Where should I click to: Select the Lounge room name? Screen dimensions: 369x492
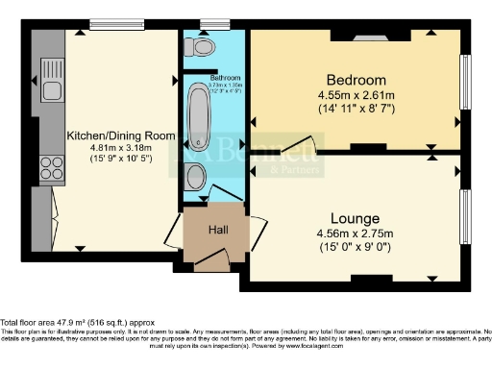[355, 218]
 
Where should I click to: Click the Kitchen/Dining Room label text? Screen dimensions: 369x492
[120, 135]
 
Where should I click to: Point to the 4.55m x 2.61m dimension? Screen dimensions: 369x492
[355, 95]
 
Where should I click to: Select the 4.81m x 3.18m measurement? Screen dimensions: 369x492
[120, 148]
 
